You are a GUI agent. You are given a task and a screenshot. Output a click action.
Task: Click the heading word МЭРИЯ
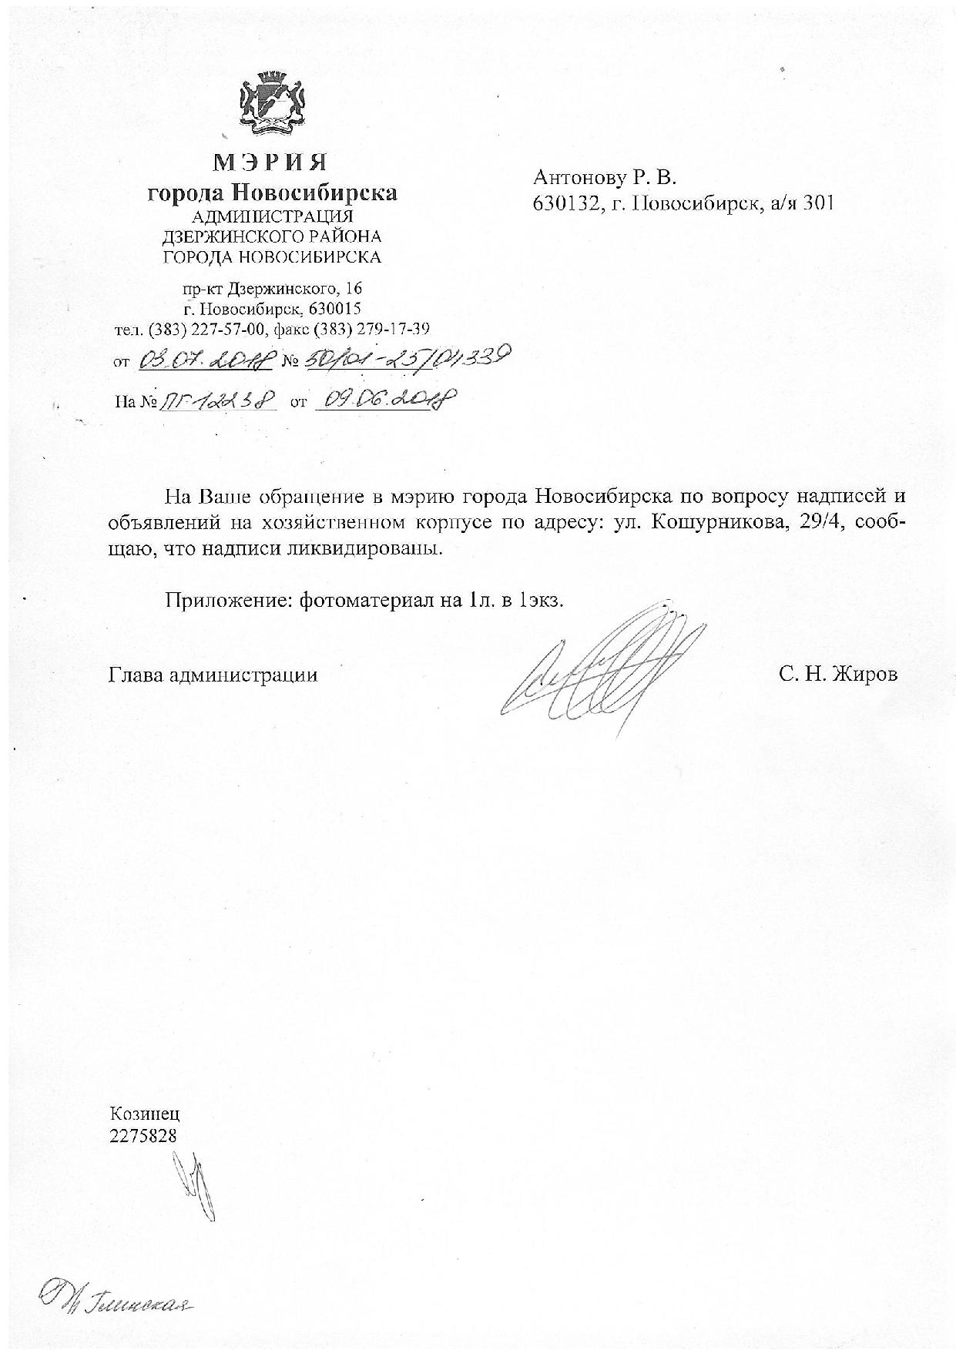click(x=270, y=162)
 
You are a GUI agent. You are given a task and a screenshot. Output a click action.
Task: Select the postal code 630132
click(x=562, y=203)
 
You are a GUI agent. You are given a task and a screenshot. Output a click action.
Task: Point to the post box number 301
click(x=819, y=203)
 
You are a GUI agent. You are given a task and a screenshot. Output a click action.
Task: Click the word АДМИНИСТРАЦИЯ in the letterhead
click(x=272, y=217)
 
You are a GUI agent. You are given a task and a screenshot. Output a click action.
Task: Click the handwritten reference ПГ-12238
click(x=217, y=400)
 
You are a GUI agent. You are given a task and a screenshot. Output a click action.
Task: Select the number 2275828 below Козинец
click(x=143, y=1135)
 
